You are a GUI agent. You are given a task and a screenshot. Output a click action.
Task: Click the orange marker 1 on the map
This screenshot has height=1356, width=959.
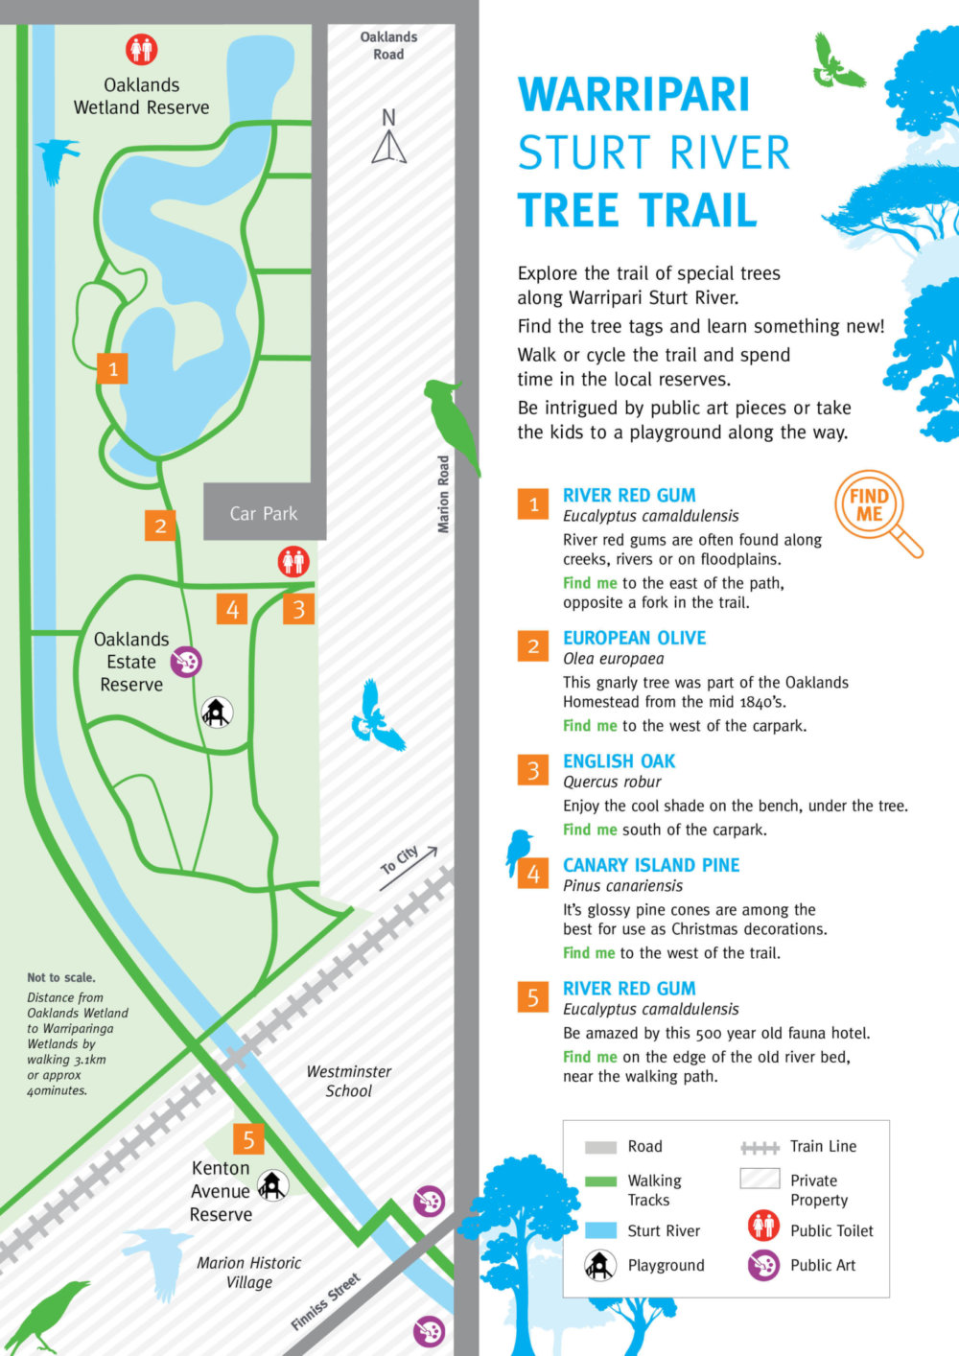[113, 368]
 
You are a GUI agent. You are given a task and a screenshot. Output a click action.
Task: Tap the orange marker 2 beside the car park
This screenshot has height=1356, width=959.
[160, 526]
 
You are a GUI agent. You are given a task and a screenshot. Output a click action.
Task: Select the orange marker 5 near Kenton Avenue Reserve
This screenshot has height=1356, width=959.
[248, 1139]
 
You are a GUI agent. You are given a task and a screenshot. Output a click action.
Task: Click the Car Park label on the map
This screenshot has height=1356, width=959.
[264, 514]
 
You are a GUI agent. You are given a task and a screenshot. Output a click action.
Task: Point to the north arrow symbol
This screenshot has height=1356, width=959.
[388, 139]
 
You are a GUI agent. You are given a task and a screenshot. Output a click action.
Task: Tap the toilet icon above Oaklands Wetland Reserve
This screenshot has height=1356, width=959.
[142, 49]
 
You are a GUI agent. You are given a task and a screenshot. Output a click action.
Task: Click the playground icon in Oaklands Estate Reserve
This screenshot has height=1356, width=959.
[218, 712]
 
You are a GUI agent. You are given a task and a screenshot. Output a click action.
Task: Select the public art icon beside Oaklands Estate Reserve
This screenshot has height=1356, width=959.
[186, 661]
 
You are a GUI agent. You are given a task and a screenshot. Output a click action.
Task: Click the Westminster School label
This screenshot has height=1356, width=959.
[348, 1081]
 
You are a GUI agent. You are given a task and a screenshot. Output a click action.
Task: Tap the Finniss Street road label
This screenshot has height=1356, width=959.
[325, 1302]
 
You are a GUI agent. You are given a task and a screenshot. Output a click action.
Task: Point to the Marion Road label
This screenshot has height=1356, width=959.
[443, 494]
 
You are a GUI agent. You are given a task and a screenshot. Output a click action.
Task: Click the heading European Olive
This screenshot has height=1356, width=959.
[634, 638]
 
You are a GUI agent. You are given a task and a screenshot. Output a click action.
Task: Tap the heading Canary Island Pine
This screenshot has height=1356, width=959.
[651, 865]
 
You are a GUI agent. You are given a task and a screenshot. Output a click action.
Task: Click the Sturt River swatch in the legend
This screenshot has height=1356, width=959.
[600, 1230]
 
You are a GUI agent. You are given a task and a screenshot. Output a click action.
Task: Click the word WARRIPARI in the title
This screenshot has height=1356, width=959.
[634, 95]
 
